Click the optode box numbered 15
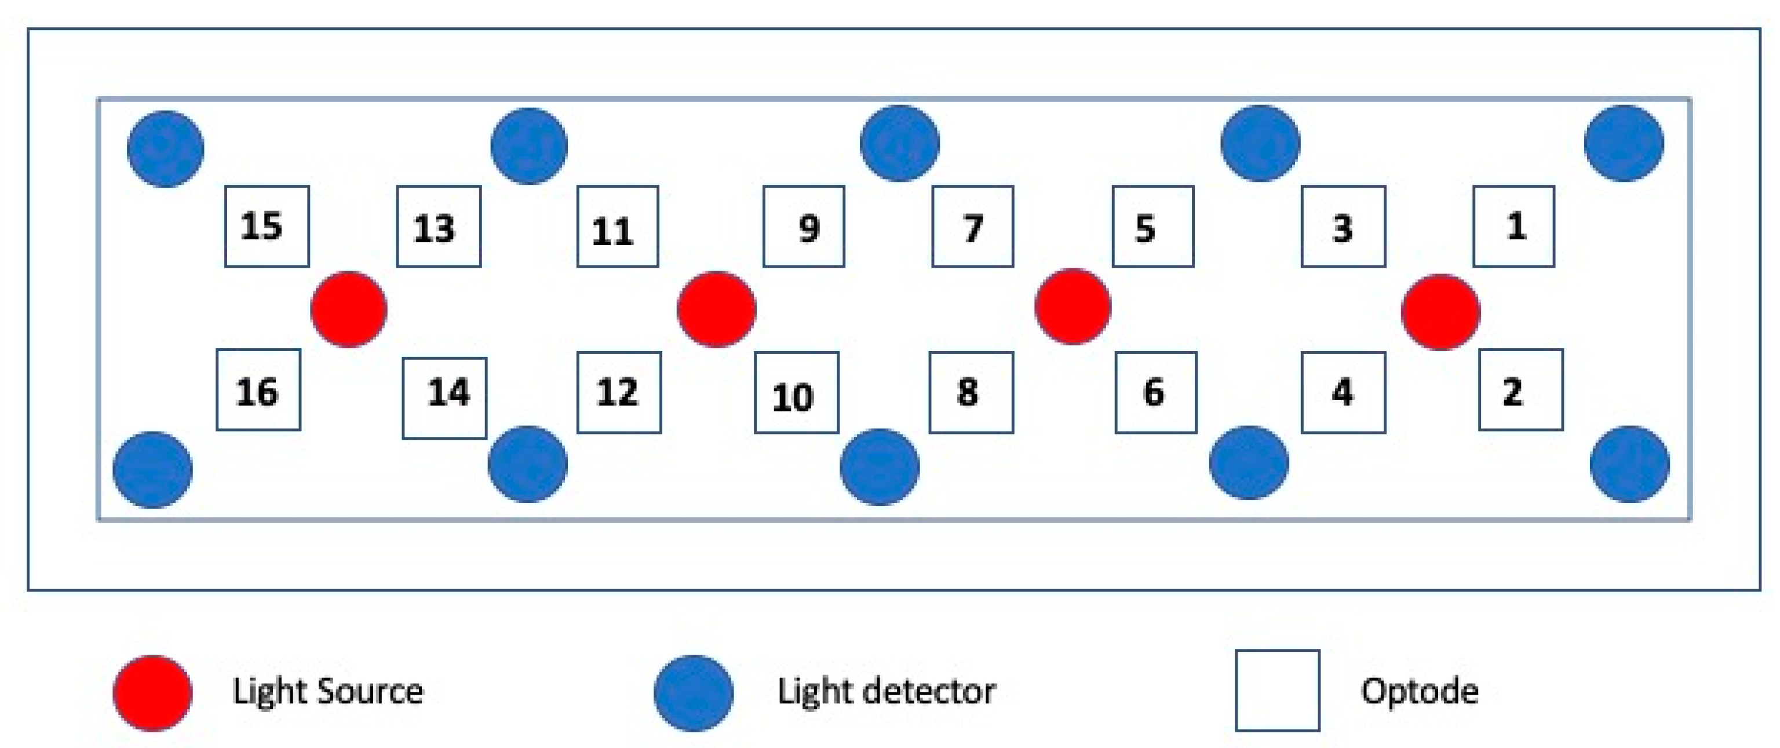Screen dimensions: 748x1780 pyautogui.click(x=267, y=226)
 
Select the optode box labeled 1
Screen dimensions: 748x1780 pyautogui.click(x=1513, y=226)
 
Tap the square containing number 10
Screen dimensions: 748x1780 pyautogui.click(x=796, y=393)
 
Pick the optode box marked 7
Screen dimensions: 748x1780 pyautogui.click(x=972, y=226)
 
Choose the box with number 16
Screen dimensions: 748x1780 pyautogui.click(x=258, y=391)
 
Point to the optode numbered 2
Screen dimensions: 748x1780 pyautogui.click(x=1520, y=391)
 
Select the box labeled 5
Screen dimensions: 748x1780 pyautogui.click(x=1152, y=226)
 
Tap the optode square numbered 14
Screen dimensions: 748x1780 pyautogui.click(x=444, y=399)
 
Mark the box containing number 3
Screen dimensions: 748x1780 pyautogui.click(x=1343, y=226)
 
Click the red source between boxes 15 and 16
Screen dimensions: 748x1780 pyautogui.click(x=349, y=309)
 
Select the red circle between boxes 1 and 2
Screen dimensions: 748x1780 pyautogui.click(x=1440, y=312)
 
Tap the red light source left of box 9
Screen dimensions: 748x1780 pyautogui.click(x=717, y=309)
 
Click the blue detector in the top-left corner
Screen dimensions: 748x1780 pyautogui.click(x=165, y=148)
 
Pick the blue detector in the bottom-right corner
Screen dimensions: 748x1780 pyautogui.click(x=1629, y=464)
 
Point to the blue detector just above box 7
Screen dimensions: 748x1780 pyautogui.click(x=900, y=143)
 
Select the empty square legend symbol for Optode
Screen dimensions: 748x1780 pyautogui.click(x=1277, y=690)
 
